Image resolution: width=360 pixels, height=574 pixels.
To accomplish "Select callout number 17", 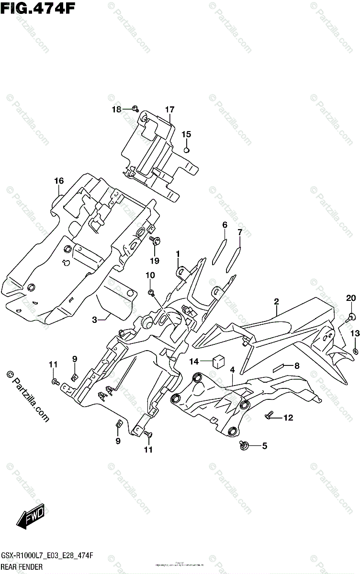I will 169,110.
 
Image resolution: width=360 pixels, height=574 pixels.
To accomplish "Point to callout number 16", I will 58,181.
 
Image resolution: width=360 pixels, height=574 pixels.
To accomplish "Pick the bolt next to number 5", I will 245,446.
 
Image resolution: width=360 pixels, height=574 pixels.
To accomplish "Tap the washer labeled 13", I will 355,352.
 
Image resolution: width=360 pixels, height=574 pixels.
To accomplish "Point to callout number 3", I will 95,320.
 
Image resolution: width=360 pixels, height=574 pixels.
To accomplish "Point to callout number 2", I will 276,301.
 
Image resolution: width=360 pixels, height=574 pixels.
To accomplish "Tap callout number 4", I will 232,370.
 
